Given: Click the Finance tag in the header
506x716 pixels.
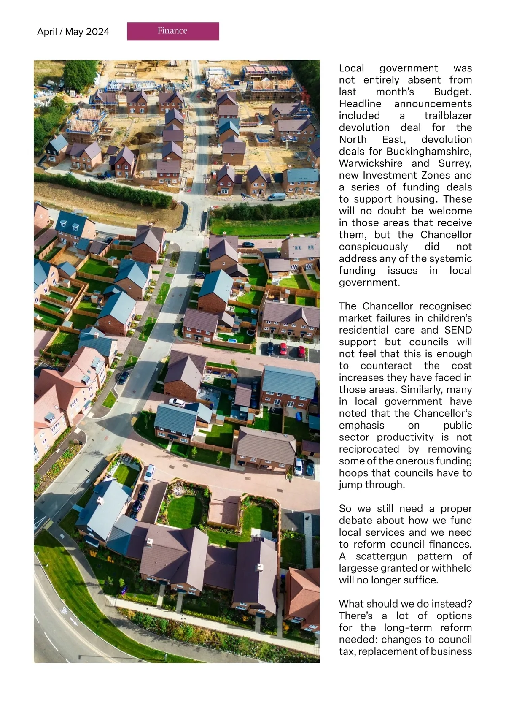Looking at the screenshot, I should (x=173, y=31).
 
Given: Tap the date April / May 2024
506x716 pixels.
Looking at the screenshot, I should (x=73, y=32).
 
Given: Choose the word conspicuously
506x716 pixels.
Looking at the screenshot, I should (x=373, y=247).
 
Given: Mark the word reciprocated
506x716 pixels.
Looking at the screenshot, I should (x=369, y=449).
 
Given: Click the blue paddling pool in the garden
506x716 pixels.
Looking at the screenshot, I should (x=232, y=340).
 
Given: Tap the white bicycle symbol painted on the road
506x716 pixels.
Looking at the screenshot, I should (x=63, y=610).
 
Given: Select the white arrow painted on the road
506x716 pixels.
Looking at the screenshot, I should (x=74, y=621).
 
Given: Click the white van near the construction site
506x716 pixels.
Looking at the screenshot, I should (x=276, y=197).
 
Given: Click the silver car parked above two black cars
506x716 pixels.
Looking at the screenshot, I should (x=149, y=473).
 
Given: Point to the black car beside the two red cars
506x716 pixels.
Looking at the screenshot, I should (x=270, y=349).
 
